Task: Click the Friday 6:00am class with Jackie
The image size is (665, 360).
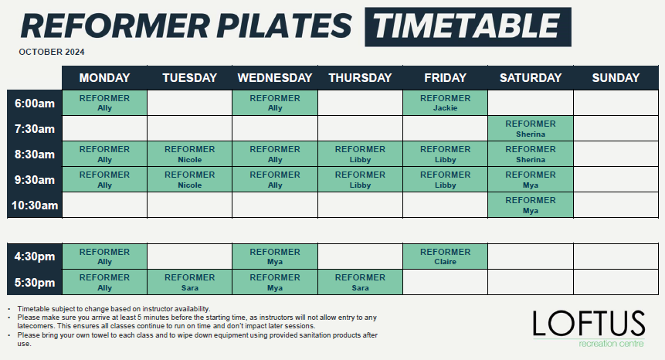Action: pos(445,103)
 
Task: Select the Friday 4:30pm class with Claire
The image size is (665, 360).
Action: pos(445,256)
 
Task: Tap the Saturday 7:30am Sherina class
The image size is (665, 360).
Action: pos(530,128)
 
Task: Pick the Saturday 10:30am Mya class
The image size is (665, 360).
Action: pos(530,205)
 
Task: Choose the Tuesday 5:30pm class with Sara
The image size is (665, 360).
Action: pos(189,282)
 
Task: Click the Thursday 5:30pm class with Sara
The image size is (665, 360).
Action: pos(360,282)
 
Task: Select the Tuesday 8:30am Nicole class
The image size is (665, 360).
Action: pos(189,154)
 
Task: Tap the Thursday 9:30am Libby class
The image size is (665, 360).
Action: pos(360,179)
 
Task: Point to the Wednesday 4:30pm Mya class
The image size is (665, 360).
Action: pos(275,256)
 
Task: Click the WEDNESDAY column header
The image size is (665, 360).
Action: pos(275,77)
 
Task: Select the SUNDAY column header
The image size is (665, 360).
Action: pos(616,77)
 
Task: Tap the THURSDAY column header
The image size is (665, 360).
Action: pos(360,77)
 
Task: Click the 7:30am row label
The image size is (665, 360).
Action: pos(34,129)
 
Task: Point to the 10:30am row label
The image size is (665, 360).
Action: pos(34,205)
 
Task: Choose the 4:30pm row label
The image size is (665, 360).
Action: pos(34,256)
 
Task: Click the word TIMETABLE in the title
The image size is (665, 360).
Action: pos(468,26)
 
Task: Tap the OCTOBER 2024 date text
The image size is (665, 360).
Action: pos(52,52)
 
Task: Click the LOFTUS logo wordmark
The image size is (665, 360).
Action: pos(589,324)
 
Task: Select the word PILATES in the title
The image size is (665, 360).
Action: pos(283,25)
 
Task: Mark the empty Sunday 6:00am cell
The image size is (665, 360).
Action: pos(616,103)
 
